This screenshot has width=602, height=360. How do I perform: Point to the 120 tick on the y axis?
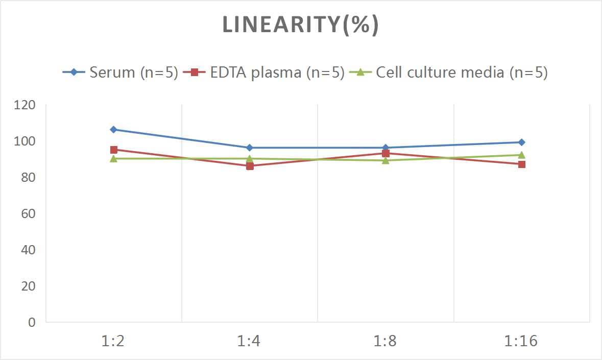click(25, 105)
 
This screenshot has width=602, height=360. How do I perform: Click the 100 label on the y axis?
click(25, 141)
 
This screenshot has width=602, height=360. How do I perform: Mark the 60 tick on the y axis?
click(28, 213)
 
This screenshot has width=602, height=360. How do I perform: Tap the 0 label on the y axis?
click(32, 322)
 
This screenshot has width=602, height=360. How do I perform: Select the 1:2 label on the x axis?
click(113, 341)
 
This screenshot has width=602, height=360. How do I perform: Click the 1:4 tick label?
click(249, 341)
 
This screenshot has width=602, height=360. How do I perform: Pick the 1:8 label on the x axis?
click(385, 341)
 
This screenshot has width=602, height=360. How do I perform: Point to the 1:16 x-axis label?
click(521, 341)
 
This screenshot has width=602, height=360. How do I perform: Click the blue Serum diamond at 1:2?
click(113, 130)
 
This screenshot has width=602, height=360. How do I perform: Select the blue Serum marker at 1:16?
click(521, 142)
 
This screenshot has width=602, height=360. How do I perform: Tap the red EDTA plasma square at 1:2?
click(113, 150)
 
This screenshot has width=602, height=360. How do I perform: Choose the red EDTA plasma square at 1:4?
click(250, 166)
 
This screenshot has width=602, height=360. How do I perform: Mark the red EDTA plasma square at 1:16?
click(521, 164)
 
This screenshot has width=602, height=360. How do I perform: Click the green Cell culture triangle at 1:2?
click(113, 158)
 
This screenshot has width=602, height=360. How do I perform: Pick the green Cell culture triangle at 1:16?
click(521, 155)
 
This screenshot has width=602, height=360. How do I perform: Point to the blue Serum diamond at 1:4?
click(250, 148)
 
